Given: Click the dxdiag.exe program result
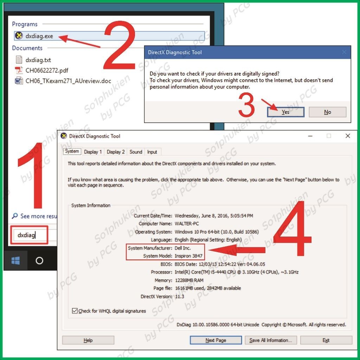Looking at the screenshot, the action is pos(39,36).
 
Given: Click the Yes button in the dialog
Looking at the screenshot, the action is pos(285,112).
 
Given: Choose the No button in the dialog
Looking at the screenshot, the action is pos(327,112).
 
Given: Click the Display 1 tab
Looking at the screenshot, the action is pos(93,152).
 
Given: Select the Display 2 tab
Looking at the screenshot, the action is pos(116,152).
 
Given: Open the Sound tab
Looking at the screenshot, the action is pos(136,152).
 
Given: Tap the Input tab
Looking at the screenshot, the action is pos(152,152).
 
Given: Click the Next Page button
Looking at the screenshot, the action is pos(216,340).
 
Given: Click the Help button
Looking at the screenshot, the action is pos(88,340).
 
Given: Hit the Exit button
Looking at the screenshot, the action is pos(326,340).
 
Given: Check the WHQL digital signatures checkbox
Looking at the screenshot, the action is pos(75,311).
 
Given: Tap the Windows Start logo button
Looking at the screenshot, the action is pos(15,261).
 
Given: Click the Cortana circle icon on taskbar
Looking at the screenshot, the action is pos(39,261).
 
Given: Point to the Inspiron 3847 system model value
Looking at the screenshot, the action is pos(188,256).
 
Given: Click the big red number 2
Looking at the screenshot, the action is pos(120,45).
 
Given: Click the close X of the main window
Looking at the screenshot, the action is pos(348,136).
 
